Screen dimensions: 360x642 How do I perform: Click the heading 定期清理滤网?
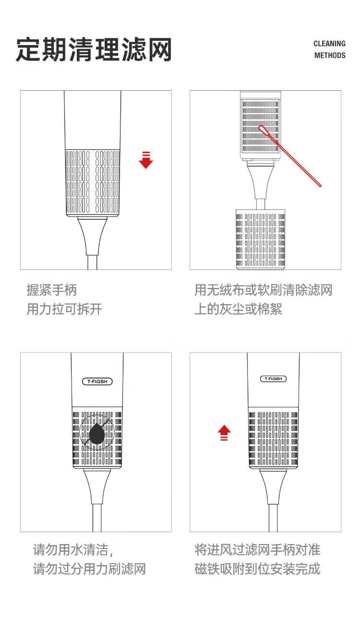tap(94, 49)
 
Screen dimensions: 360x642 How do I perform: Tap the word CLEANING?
tap(329, 44)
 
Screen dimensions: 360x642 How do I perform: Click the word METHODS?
tap(330, 55)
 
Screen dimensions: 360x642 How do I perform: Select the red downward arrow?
tap(146, 160)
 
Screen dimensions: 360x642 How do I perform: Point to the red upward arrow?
tap(224, 433)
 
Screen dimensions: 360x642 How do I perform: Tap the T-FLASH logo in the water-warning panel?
tap(97, 381)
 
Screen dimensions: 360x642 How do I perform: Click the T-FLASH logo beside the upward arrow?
tap(273, 379)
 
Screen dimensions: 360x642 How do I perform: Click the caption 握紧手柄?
tap(51, 290)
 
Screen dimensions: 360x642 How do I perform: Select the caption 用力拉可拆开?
tap(64, 309)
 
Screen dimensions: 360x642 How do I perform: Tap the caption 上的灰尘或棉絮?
tap(238, 309)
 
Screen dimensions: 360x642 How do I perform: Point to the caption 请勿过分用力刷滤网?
tap(89, 569)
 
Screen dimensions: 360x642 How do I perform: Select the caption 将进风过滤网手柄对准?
tap(257, 550)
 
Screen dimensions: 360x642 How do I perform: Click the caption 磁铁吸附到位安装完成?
tap(257, 569)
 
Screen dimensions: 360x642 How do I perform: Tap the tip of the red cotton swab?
tap(261, 128)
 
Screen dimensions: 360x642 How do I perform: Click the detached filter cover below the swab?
tap(260, 239)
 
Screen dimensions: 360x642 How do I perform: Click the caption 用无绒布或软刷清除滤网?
tap(264, 290)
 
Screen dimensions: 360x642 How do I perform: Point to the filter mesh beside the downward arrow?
tap(93, 182)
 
